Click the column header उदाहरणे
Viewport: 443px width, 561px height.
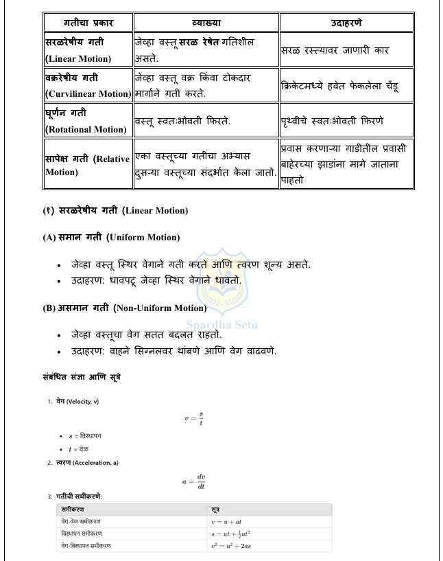click(x=346, y=22)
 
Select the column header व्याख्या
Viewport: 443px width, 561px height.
click(x=206, y=22)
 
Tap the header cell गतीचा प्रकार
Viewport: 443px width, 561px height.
click(x=88, y=22)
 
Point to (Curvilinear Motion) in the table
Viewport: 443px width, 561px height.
click(x=88, y=93)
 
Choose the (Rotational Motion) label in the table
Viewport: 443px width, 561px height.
click(x=86, y=129)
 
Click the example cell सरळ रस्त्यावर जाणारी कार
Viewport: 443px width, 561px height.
click(x=337, y=50)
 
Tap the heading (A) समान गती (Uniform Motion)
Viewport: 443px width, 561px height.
click(x=111, y=237)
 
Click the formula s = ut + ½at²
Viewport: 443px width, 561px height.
click(x=231, y=533)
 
